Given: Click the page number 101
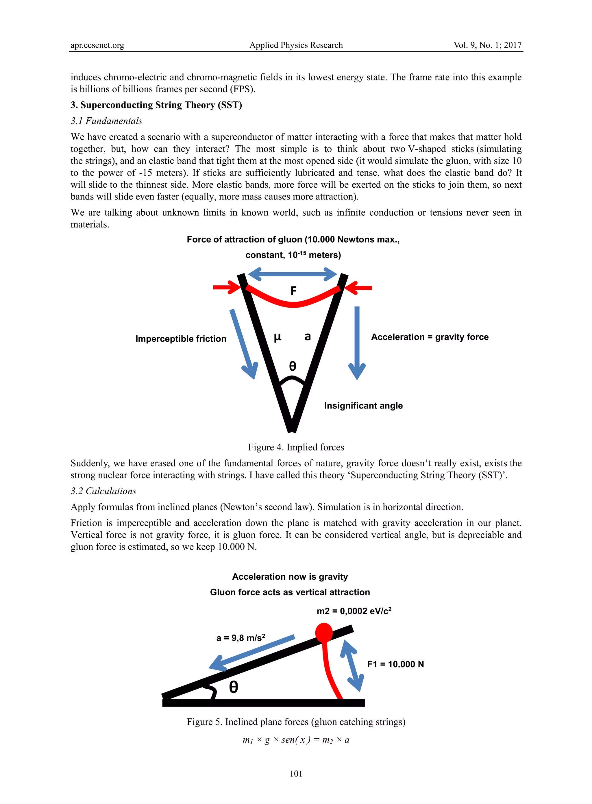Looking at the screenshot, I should point(296,774).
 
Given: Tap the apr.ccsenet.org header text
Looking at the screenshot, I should point(97,45).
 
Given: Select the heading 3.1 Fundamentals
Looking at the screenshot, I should point(106,121).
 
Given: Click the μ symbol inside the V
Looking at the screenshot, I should point(278,337).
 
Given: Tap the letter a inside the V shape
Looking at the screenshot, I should point(308,337).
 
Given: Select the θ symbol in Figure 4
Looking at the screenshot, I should point(293,366).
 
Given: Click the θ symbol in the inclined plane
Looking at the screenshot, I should point(233,687).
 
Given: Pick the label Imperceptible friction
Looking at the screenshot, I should point(181,339).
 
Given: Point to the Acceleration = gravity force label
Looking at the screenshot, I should point(430,337).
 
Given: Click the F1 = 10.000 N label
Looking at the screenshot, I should point(395,664).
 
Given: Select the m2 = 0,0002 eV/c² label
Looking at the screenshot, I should point(354,611).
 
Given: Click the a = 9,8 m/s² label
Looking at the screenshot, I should point(240,638).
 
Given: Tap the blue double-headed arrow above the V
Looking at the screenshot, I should point(293,274).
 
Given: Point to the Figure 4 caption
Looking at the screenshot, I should point(296,447).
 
